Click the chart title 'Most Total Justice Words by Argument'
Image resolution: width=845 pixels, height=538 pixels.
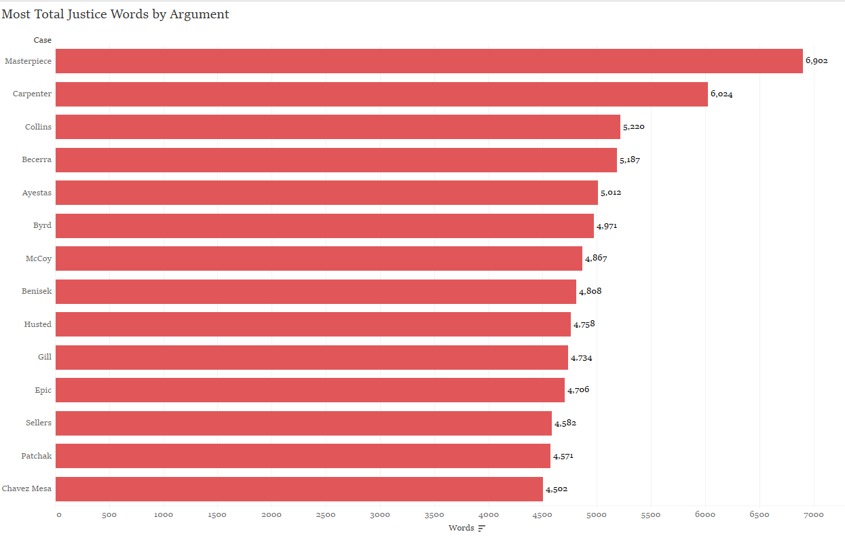coord(115,14)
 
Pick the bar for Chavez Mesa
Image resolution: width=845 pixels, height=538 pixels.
coord(299,488)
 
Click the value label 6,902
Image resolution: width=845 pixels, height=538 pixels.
coord(816,61)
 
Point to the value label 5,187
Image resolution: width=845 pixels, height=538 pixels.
coord(630,160)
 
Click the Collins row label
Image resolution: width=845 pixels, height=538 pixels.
coord(38,127)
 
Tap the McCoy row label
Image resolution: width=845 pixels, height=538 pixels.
coord(38,258)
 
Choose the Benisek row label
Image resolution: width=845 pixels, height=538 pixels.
coord(37,291)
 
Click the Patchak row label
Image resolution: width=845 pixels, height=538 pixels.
coord(37,456)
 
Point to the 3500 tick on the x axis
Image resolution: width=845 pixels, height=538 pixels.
coord(434,515)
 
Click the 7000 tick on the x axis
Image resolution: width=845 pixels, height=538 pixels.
coord(813,515)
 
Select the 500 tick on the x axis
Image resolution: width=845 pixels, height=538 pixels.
coord(109,515)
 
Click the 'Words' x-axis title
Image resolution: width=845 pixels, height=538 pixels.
coord(462,528)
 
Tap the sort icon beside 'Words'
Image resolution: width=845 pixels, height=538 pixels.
coord(482,529)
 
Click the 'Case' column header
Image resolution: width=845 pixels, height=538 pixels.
coord(43,40)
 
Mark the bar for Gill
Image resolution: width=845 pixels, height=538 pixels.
coord(312,358)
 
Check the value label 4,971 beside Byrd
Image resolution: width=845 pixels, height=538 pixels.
coord(607,226)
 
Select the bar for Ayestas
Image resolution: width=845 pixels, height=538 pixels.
coord(326,193)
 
